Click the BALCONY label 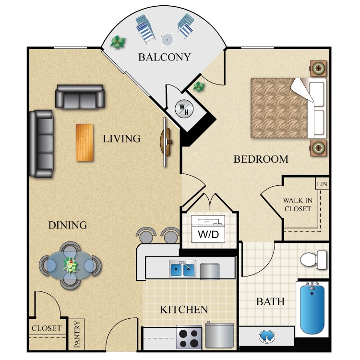coord(164,57)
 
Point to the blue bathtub coord(312,308)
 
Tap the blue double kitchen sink coord(182,269)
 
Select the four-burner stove coord(189,337)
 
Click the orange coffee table coord(84,143)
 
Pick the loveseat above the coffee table coord(80,97)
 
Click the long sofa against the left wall coord(41,144)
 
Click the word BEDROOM coord(261,159)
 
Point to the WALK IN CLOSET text coord(297,204)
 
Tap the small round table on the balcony coord(167,39)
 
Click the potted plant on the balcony coord(116,42)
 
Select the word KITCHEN coord(184,310)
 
